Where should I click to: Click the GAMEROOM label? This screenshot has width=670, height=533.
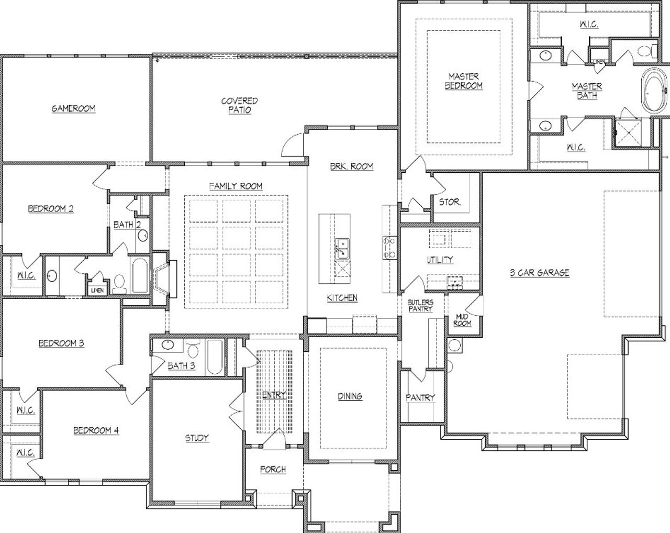click(x=73, y=108)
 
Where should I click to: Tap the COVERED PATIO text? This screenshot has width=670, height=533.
click(x=239, y=105)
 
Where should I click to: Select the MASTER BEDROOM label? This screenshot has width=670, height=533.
click(x=464, y=81)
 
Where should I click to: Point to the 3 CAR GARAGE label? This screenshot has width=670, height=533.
click(x=539, y=272)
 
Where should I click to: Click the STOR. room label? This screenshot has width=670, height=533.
click(x=450, y=202)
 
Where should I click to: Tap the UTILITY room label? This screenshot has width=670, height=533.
click(x=440, y=260)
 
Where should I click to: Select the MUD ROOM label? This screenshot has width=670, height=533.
click(x=462, y=320)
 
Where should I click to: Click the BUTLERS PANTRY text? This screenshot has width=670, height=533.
click(x=420, y=306)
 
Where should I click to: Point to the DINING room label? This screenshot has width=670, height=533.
click(x=350, y=396)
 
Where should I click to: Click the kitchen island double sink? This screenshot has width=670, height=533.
click(x=343, y=247)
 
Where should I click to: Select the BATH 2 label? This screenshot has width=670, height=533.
click(x=127, y=225)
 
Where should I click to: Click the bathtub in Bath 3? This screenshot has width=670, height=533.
click(x=215, y=357)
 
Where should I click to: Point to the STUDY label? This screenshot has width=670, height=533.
click(x=197, y=438)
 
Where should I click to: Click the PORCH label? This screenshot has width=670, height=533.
click(x=273, y=470)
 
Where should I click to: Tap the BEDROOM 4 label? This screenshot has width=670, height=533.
click(x=96, y=430)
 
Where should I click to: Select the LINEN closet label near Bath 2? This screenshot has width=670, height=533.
click(x=97, y=291)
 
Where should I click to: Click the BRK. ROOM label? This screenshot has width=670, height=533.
click(x=351, y=166)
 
